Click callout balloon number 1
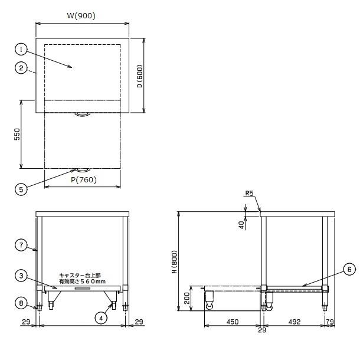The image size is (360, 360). [x=21, y=50]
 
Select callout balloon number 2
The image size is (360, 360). [x=21, y=68]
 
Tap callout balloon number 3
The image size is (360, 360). [x=21, y=276]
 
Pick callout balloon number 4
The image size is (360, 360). [x=101, y=318]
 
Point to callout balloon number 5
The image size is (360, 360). [x=21, y=189]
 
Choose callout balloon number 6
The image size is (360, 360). [x=349, y=269]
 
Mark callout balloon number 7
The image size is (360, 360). [x=21, y=245]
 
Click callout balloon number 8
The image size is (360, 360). [x=21, y=303]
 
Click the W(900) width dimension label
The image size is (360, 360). [x=81, y=16]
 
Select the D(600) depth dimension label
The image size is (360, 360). [x=140, y=76]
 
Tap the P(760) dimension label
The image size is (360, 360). [x=84, y=180]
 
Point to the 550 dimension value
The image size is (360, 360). [x=17, y=135]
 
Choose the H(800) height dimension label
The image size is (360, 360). [x=175, y=261]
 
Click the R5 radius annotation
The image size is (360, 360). [x=249, y=194]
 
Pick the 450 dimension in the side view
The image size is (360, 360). [x=233, y=322]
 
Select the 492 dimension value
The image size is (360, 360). [x=294, y=322]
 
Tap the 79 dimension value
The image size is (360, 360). [x=330, y=322]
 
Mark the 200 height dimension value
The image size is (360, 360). [x=187, y=298]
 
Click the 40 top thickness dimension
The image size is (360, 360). [x=241, y=225]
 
